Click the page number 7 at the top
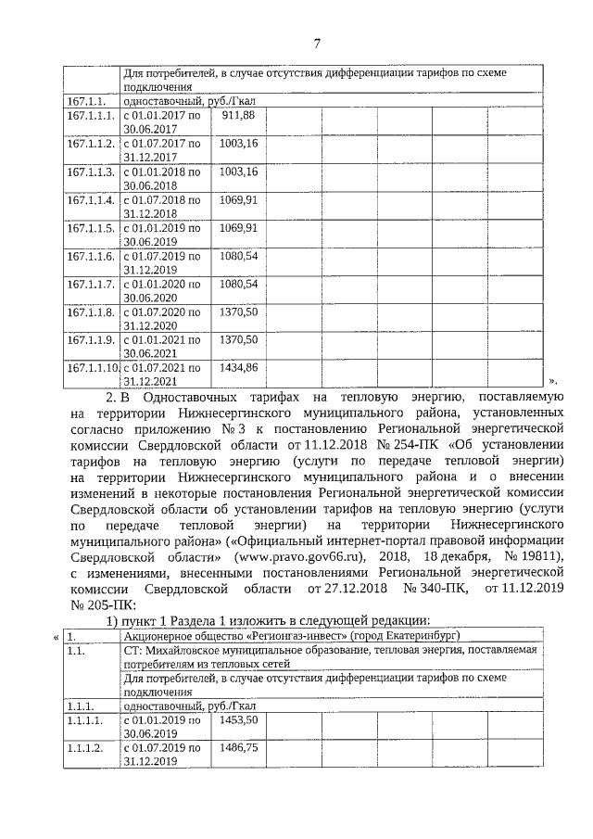[x=317, y=43]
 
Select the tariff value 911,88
[x=236, y=116]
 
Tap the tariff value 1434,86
[x=237, y=368]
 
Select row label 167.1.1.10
[x=92, y=368]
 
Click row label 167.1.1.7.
[x=90, y=284]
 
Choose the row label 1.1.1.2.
[x=84, y=746]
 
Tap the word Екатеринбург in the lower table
[x=420, y=635]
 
